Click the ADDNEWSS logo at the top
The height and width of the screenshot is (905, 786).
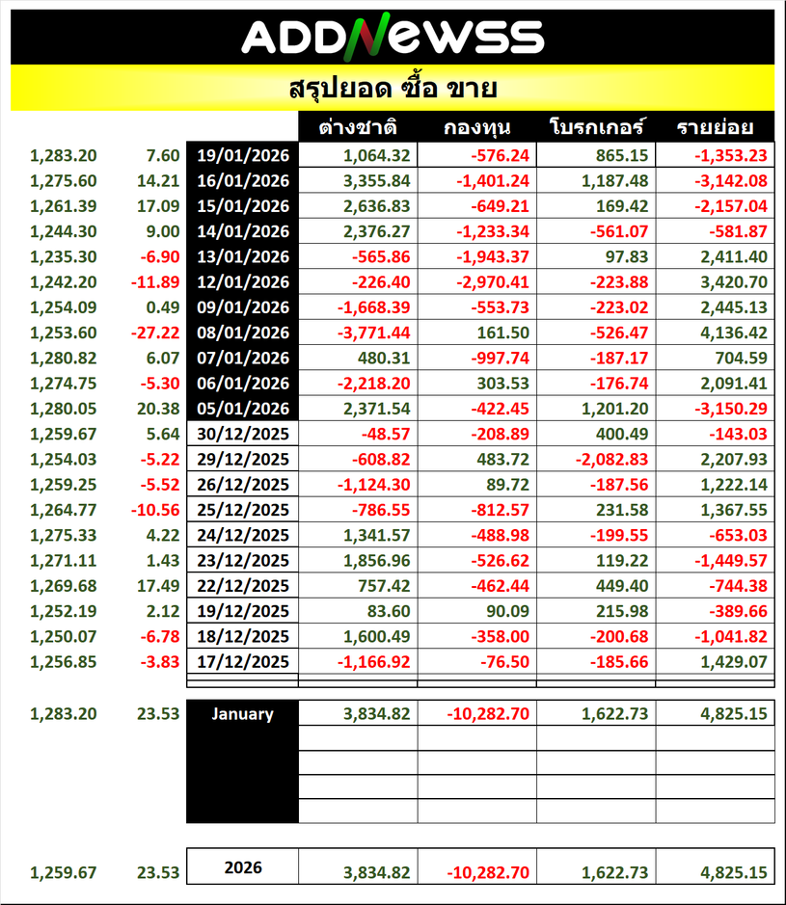[x=393, y=37]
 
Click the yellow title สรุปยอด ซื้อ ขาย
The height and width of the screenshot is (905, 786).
[x=393, y=90]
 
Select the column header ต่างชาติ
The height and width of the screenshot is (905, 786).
[x=359, y=128]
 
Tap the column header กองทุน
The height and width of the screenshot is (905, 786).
[x=477, y=128]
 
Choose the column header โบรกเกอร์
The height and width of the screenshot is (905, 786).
[x=597, y=128]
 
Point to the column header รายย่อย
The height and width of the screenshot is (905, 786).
[x=715, y=128]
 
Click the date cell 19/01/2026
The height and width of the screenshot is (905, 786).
[x=243, y=155]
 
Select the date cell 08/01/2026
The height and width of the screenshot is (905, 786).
[x=243, y=333]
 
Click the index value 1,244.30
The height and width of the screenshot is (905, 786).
[x=64, y=230]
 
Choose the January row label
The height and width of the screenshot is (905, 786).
[x=243, y=714]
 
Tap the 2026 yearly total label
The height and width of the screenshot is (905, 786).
[x=243, y=867]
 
